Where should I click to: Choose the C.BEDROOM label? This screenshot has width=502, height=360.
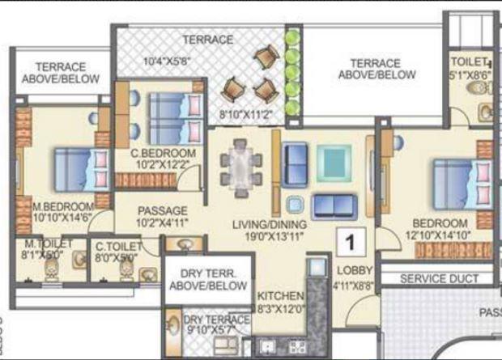pyautogui.click(x=163, y=153)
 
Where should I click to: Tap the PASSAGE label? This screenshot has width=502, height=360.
pyautogui.click(x=162, y=210)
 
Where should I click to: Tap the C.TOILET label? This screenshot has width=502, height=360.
pyautogui.click(x=118, y=244)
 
